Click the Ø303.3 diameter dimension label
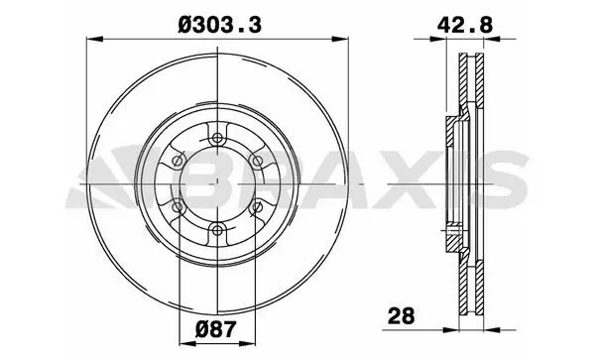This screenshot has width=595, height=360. pyautogui.click(x=220, y=26)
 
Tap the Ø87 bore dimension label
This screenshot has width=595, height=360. pyautogui.click(x=215, y=328)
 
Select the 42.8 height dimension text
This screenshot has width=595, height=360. pyautogui.click(x=465, y=26)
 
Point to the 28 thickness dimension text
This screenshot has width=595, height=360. pyautogui.click(x=401, y=315)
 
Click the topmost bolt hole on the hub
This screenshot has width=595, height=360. pyautogui.click(x=217, y=138)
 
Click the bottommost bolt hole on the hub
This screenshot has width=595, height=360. pyautogui.click(x=217, y=230)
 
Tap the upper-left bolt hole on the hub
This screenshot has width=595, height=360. pyautogui.click(x=178, y=161)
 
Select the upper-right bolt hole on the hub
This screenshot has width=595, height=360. pyautogui.click(x=257, y=161)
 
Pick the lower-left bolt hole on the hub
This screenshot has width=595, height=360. pyautogui.click(x=178, y=207)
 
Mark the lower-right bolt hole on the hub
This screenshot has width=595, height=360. pyautogui.click(x=257, y=207)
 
